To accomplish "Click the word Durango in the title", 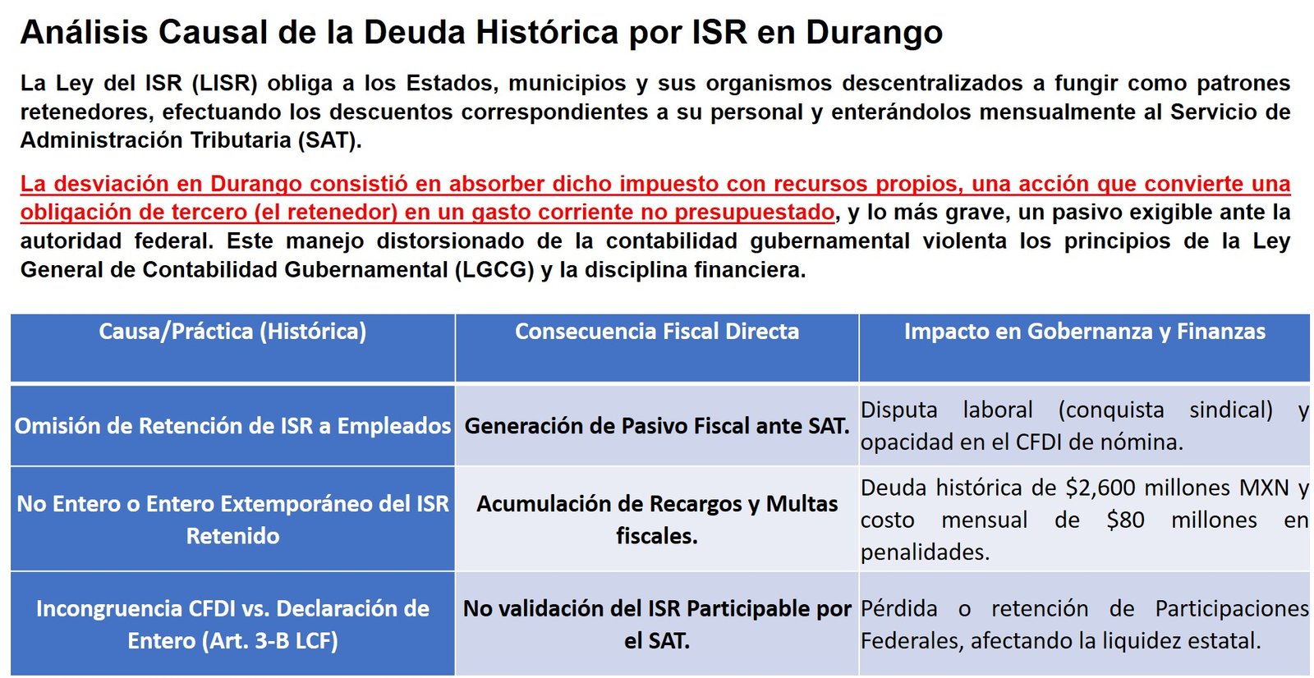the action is coord(874,33).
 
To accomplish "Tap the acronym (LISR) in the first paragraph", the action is coord(225,83).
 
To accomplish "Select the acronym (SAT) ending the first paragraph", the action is coord(329,140).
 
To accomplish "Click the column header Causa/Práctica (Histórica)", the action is coord(232,332).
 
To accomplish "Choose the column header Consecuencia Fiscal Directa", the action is coord(657,332).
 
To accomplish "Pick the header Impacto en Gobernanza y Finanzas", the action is coord(1085,332).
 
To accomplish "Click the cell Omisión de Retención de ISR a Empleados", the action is coord(232,426).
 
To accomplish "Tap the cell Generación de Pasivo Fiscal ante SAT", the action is coord(657,426).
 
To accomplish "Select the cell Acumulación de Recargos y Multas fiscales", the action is coord(657,520).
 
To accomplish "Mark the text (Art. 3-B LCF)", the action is coord(270,641).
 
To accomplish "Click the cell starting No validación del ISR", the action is coord(657,625).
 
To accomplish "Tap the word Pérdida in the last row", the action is coord(898,609).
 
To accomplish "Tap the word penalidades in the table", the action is coord(925,552).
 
